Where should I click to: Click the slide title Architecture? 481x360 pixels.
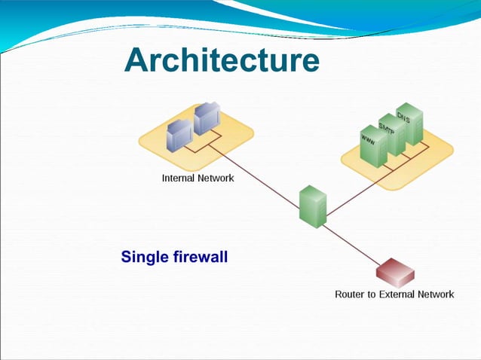pos(222,59)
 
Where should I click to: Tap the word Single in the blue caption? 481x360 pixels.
pos(143,258)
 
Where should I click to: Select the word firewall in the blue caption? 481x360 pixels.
pos(198,258)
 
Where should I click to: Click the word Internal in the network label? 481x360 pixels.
pos(181,178)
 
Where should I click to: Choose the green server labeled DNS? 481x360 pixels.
pos(409,123)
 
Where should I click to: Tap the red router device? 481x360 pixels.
pos(394,271)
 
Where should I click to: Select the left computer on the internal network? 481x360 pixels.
pos(179,135)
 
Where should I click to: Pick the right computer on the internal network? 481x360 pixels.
pos(206,119)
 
